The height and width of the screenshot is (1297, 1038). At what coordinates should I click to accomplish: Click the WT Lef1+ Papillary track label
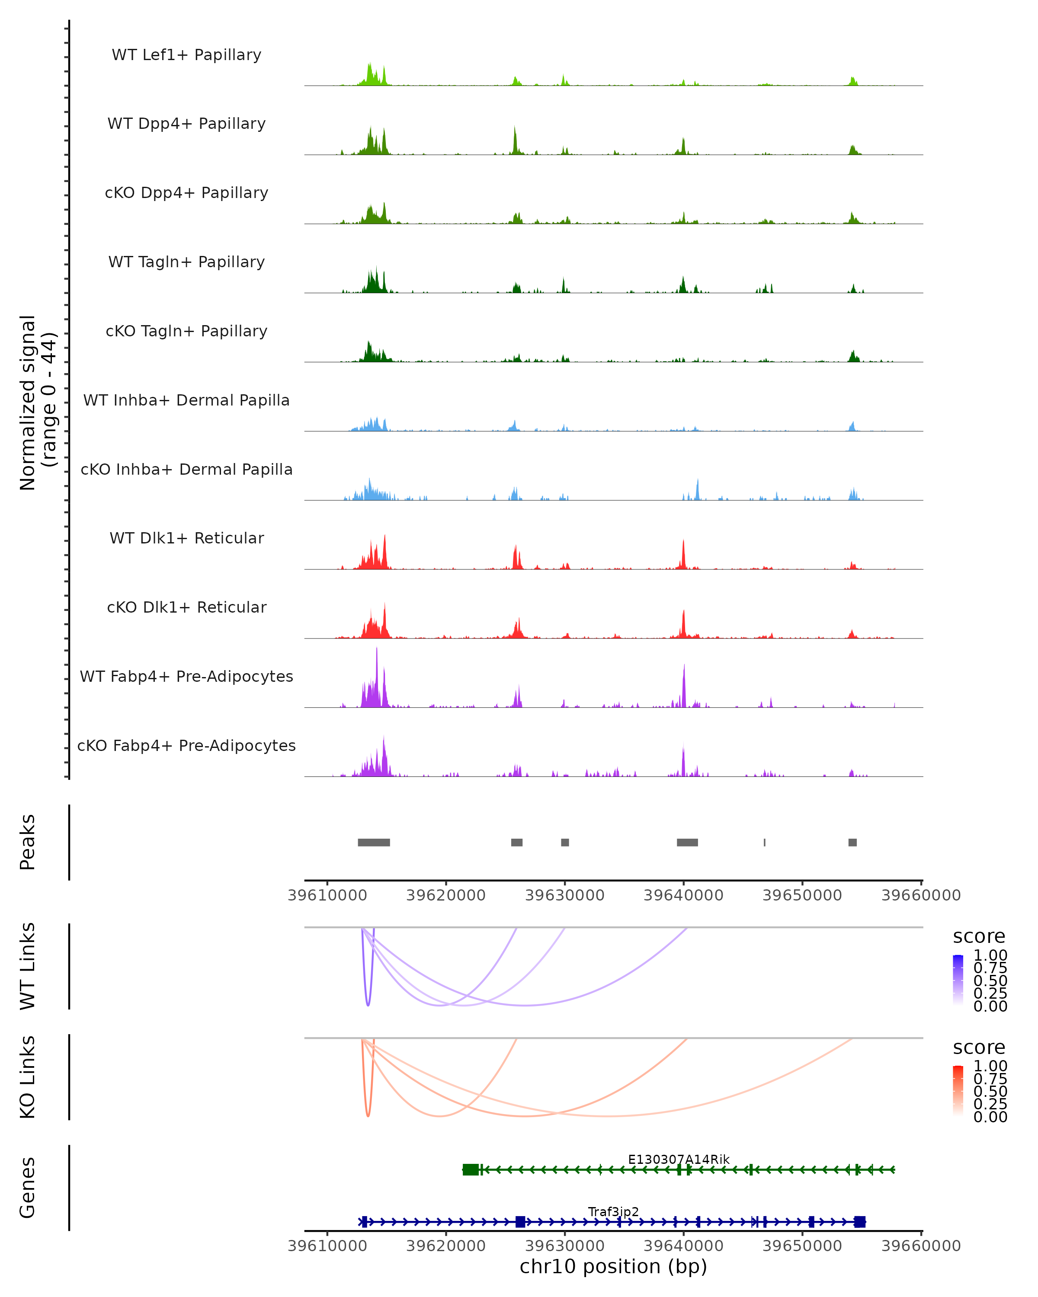[x=186, y=55]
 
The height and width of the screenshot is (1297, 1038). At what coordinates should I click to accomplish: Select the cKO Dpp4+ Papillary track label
[x=186, y=193]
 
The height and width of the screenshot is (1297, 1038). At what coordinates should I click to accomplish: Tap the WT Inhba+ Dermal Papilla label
[x=186, y=401]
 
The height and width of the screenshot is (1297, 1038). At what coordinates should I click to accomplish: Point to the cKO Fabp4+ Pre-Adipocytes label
[x=186, y=746]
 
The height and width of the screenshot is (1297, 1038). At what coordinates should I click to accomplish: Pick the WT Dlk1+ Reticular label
[x=186, y=538]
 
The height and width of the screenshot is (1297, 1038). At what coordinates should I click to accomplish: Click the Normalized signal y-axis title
[x=37, y=403]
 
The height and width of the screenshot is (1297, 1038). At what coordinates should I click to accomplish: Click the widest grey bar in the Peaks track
[x=374, y=842]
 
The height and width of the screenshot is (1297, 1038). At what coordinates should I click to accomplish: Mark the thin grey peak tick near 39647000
[x=764, y=842]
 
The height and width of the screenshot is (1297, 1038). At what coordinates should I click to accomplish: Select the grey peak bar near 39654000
[x=852, y=842]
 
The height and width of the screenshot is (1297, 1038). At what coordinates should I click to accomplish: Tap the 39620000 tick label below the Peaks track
[x=446, y=896]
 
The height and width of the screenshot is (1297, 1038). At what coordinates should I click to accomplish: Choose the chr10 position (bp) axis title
[x=613, y=1267]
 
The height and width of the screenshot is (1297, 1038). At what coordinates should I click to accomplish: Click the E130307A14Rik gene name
[x=678, y=1159]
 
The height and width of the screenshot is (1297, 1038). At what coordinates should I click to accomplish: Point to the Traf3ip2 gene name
[x=613, y=1211]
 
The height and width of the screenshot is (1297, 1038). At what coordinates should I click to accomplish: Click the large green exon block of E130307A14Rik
[x=471, y=1169]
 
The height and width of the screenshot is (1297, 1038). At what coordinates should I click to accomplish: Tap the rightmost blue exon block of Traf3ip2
[x=859, y=1222]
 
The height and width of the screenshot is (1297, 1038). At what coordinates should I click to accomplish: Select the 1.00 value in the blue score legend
[x=990, y=955]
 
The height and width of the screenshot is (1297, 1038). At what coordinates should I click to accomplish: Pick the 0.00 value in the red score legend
[x=990, y=1117]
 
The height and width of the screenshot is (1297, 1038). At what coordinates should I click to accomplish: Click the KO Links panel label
[x=28, y=1077]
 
